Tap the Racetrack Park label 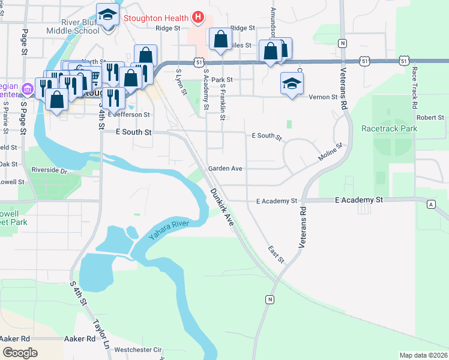point(389,128)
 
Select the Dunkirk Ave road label point(221,207)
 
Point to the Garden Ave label point(225,169)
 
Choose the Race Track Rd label point(415,87)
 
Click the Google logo point(20,353)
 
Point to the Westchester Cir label point(139,349)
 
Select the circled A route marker point(431,205)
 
